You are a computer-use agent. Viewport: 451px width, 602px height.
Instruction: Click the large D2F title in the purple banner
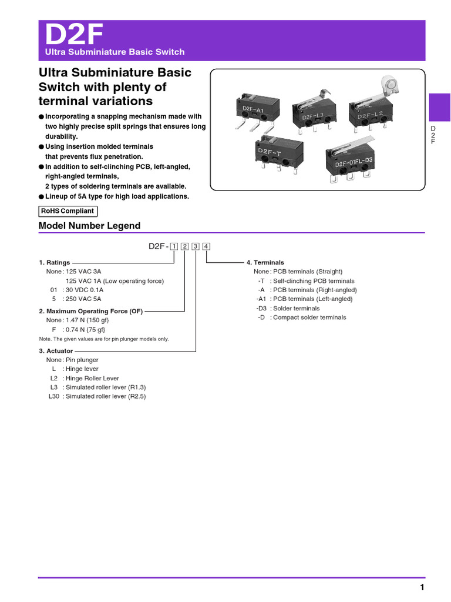click(74, 36)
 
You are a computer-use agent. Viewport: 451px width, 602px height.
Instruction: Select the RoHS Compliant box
click(68, 211)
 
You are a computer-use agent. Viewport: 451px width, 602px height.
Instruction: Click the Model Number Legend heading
click(89, 226)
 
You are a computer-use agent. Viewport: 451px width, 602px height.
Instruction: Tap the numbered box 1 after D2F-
click(174, 246)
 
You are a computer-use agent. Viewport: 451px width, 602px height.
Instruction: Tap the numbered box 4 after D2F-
click(206, 246)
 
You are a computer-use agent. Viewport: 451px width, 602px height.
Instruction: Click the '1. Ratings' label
click(54, 263)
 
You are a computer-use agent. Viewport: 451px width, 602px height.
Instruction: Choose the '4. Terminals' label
click(265, 263)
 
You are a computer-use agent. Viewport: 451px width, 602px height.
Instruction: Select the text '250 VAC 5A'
click(85, 299)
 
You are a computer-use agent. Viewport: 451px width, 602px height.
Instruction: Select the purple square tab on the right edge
click(439, 108)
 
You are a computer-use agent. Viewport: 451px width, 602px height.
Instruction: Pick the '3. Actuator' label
click(56, 351)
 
